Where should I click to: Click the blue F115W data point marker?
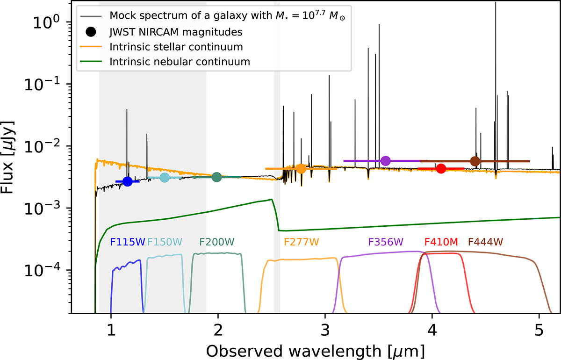(127, 181)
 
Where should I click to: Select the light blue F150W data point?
(165, 177)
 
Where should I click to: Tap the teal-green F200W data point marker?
(216, 177)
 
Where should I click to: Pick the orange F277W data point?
(301, 168)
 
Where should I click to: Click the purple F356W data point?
(386, 161)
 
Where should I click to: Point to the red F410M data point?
(441, 168)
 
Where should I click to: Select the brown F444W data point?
(475, 161)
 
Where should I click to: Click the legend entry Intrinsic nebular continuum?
(180, 61)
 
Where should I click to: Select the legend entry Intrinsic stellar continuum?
(176, 47)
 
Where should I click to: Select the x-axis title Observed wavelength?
(316, 350)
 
